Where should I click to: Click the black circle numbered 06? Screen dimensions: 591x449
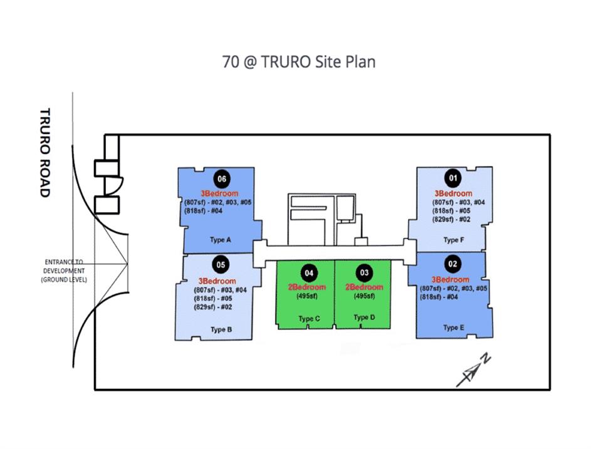point(222,178)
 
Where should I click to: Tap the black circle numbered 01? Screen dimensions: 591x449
point(452,178)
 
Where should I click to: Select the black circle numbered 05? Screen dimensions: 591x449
point(221,264)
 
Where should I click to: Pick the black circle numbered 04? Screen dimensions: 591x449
point(309,272)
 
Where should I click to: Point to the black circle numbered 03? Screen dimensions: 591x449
point(364,272)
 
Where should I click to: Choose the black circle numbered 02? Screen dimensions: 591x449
point(452,264)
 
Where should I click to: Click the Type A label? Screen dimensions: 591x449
point(221,240)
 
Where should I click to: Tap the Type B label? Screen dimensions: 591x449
point(221,329)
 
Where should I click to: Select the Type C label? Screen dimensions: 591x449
point(309,319)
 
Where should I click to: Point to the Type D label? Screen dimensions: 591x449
point(365,317)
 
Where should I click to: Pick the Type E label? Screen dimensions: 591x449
point(454,328)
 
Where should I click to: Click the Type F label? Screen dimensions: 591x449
point(454,240)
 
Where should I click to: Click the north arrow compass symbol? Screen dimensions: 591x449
point(474,370)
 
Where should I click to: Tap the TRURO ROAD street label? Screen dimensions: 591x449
point(45,153)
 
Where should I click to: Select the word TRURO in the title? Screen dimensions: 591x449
point(285,62)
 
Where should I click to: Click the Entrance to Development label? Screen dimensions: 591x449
point(64,271)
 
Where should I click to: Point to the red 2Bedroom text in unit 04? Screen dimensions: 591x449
point(307,287)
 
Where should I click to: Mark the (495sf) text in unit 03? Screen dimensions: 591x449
point(364,296)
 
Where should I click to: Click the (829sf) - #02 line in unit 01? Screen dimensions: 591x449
point(451,219)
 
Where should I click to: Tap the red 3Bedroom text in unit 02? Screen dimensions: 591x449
point(451,279)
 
